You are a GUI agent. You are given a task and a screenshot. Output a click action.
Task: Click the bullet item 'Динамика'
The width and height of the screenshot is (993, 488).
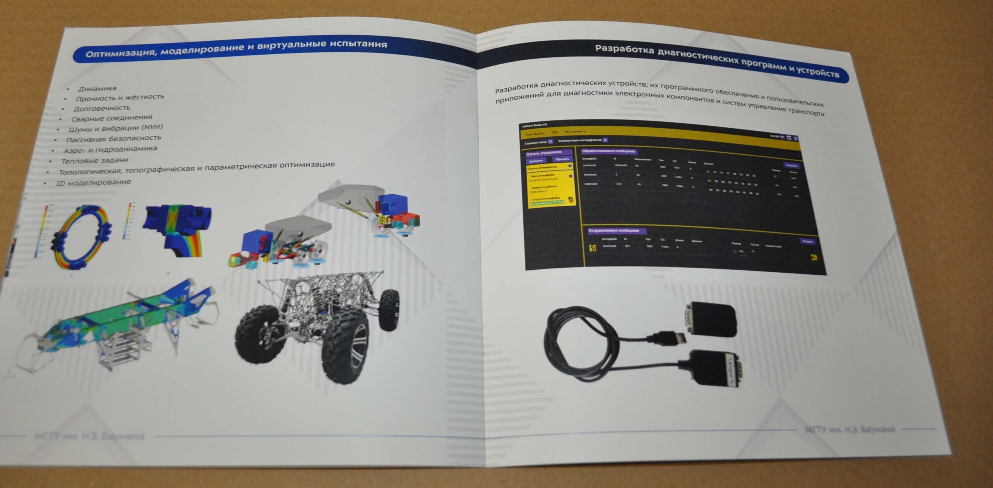tap(97, 88)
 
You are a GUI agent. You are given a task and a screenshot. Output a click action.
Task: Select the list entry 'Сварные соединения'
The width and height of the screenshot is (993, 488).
tap(111, 118)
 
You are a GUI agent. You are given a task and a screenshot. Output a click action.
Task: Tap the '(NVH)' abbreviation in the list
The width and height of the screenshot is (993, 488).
tap(152, 127)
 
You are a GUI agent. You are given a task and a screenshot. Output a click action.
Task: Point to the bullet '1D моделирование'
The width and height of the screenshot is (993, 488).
tap(93, 182)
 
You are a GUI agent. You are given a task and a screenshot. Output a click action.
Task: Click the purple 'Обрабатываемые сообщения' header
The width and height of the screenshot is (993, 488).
tap(608, 151)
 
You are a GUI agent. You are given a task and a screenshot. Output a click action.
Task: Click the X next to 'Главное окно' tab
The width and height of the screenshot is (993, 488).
tap(550, 142)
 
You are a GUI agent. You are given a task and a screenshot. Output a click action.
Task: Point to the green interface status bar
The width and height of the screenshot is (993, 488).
tap(547, 203)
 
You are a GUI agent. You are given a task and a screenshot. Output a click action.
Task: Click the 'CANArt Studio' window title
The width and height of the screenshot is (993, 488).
tap(534, 125)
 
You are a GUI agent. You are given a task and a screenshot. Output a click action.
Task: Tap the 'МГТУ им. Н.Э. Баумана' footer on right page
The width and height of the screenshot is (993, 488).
tap(850, 429)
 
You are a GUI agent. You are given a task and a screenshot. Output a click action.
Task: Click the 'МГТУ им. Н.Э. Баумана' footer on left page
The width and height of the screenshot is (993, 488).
tap(90, 436)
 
